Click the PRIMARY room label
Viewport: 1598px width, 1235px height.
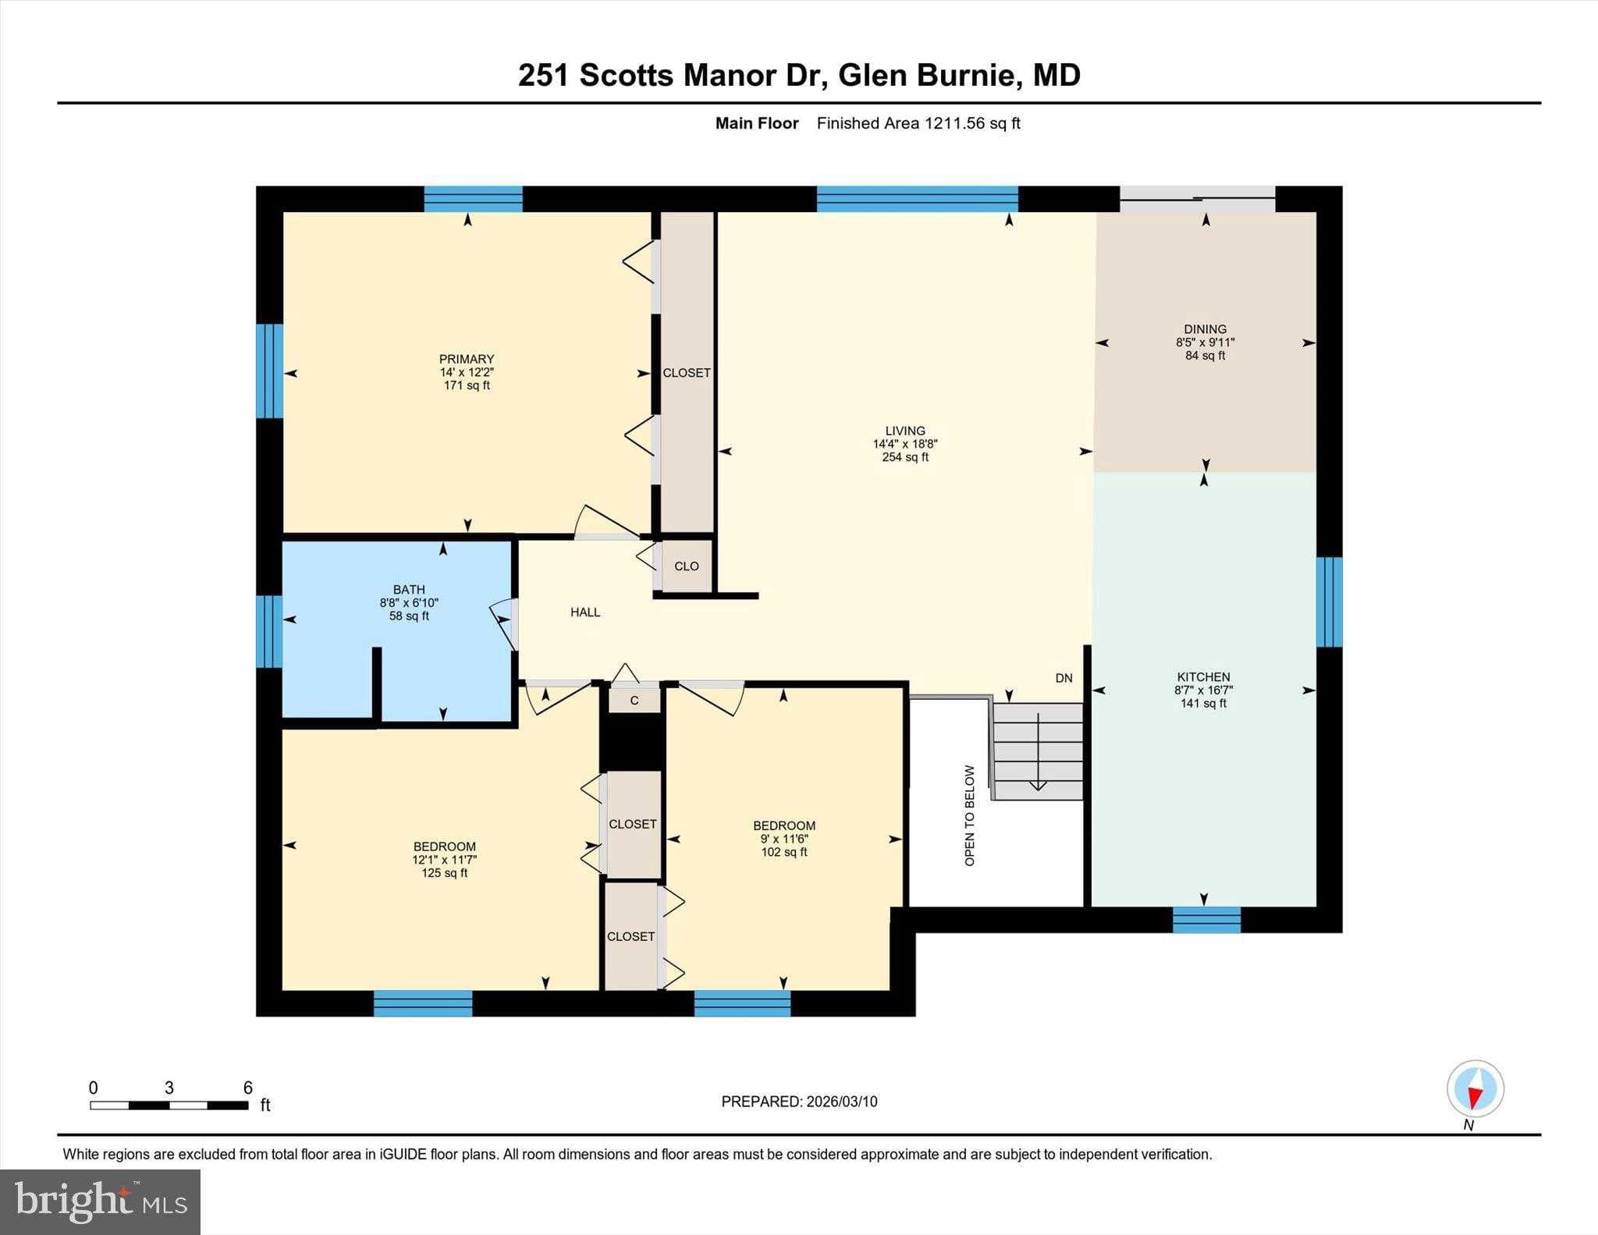coord(467,360)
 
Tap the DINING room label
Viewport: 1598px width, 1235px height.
coord(1205,329)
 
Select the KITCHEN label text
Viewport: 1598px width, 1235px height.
coord(1203,677)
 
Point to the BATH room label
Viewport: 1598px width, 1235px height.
coord(409,590)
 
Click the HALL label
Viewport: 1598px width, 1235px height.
coord(585,612)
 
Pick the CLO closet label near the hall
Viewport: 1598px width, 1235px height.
coord(687,566)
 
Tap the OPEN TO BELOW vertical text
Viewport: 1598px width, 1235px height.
coord(970,815)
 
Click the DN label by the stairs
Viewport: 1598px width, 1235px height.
coord(1064,678)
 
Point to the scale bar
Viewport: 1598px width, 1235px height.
coord(169,1105)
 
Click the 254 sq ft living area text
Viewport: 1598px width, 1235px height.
coord(905,457)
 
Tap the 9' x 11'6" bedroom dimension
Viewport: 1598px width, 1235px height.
coord(784,839)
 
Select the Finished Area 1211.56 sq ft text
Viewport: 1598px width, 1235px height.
coord(918,123)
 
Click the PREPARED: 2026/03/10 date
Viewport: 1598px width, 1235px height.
coord(799,1102)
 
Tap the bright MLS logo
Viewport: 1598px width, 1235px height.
coord(100,1201)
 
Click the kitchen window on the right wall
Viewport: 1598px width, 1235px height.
coord(1329,602)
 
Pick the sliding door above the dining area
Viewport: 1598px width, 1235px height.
coord(1197,199)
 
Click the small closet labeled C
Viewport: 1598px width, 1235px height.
coord(634,701)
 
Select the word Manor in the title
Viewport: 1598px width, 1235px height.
coord(727,75)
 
